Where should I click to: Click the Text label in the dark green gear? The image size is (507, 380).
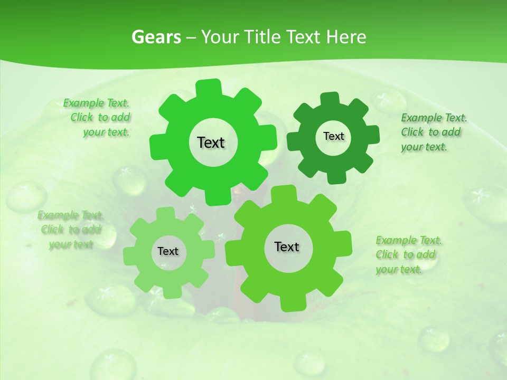(x=333, y=137)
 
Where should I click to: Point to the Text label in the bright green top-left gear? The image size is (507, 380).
(x=211, y=142)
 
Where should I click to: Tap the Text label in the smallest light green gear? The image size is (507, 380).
(x=168, y=252)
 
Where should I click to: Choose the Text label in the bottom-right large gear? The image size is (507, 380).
(x=287, y=247)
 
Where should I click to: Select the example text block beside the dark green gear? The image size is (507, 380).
(x=434, y=132)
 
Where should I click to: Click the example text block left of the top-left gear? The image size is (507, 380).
(x=97, y=118)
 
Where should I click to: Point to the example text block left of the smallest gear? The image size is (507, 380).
(x=70, y=230)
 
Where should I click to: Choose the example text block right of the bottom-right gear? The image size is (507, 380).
(x=408, y=255)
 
